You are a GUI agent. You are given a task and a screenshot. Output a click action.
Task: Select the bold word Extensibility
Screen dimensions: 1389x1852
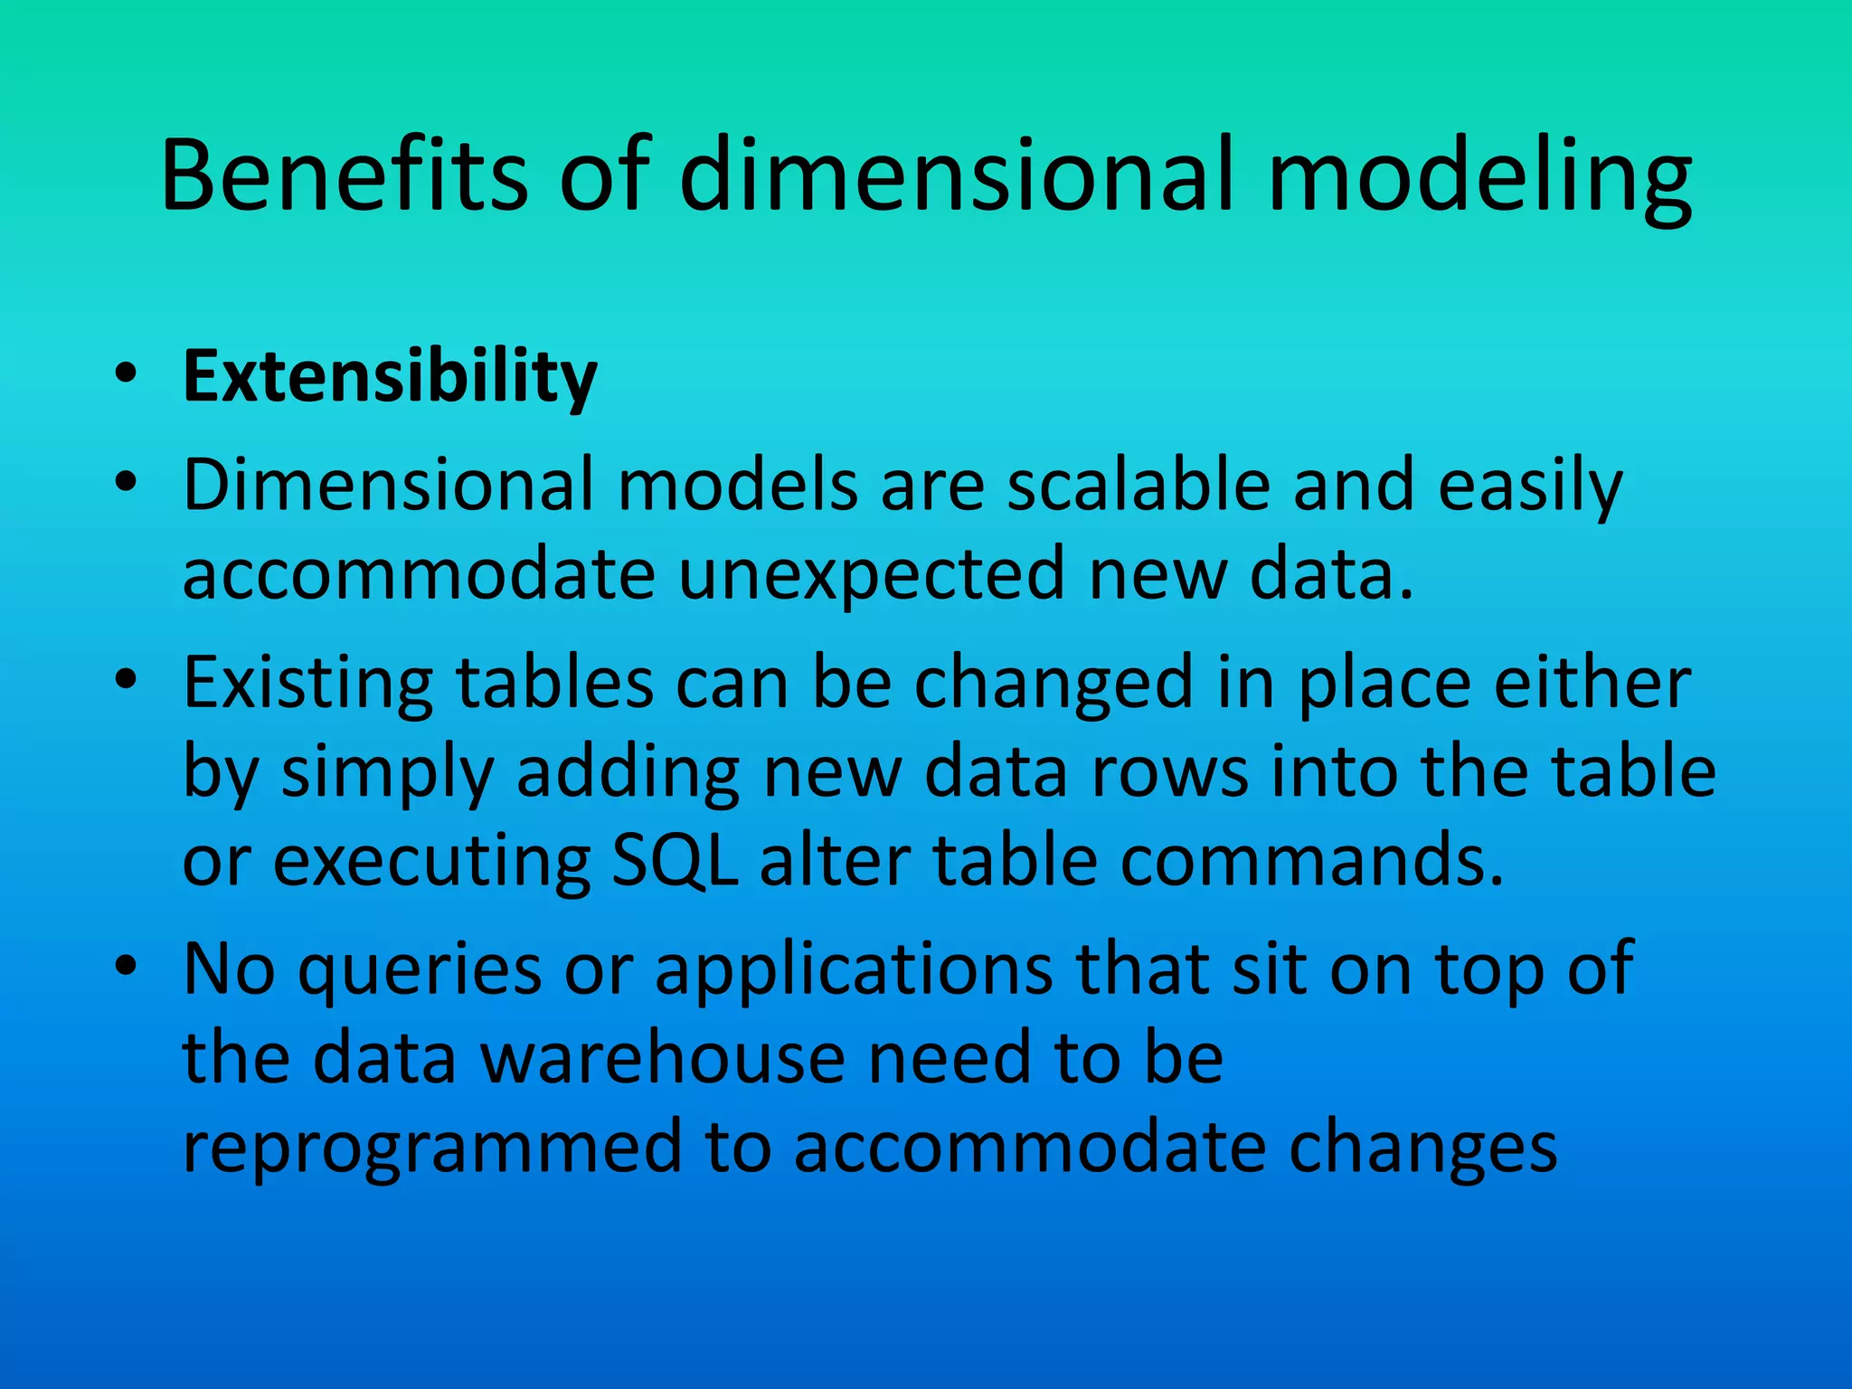click(x=390, y=377)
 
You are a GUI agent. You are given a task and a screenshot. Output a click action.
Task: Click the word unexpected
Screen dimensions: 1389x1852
click(x=872, y=574)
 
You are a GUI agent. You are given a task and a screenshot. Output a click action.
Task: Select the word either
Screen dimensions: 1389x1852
click(x=1592, y=683)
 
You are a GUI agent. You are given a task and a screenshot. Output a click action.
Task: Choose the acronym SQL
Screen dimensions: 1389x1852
click(x=675, y=861)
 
